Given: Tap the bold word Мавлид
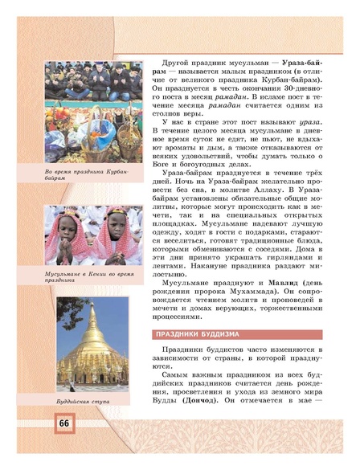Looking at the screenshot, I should click(x=272, y=284).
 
